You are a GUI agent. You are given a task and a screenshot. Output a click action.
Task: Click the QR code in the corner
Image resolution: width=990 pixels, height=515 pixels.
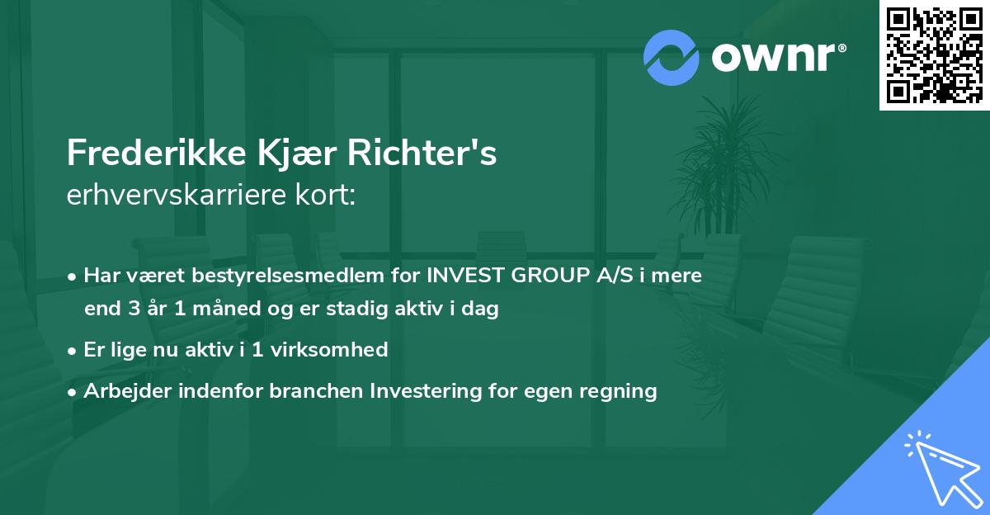pyautogui.click(x=935, y=54)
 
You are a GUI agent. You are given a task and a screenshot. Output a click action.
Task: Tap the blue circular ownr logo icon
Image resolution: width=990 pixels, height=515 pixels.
pyautogui.click(x=672, y=57)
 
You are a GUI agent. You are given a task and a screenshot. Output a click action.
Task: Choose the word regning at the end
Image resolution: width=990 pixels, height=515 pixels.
pyautogui.click(x=620, y=391)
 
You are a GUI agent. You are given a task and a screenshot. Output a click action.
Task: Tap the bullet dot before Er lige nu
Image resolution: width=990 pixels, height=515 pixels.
pyautogui.click(x=74, y=350)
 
